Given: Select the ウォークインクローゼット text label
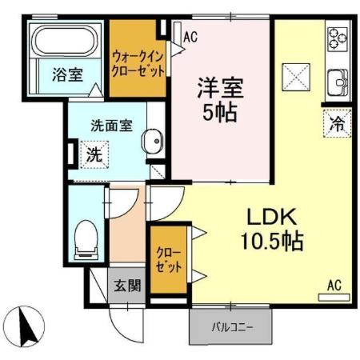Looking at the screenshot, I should [x=139, y=63].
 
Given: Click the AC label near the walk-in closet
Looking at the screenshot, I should [x=190, y=36].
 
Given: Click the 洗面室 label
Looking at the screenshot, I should [x=105, y=126].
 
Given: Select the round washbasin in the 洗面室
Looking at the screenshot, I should [x=151, y=145].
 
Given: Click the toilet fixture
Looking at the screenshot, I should [x=85, y=238].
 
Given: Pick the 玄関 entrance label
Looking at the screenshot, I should [x=126, y=285].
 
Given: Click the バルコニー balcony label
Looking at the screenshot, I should [x=232, y=326].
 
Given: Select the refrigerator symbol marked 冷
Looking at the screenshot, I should [x=338, y=123].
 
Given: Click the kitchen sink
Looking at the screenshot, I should [x=336, y=80].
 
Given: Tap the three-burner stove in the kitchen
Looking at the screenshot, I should [x=337, y=38].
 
